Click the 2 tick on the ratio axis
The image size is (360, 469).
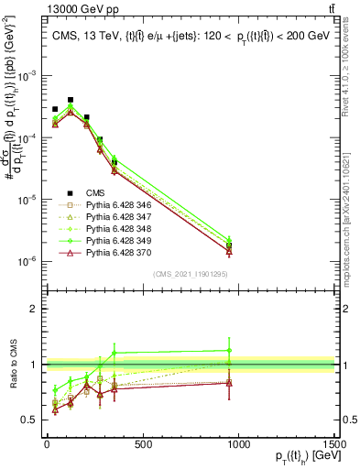pos(35,309)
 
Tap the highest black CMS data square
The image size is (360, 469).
pos(71,99)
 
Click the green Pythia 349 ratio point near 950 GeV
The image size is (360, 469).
pos(229,350)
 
